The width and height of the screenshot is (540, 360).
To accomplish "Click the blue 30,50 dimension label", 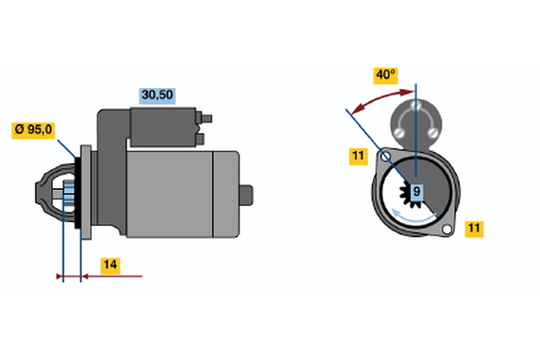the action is tap(157, 95).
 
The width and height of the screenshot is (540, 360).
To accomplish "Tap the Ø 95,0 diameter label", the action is tap(33, 130).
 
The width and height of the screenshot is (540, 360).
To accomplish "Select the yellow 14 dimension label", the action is tap(110, 265).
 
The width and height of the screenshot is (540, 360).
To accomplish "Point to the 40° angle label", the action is tap(386, 76).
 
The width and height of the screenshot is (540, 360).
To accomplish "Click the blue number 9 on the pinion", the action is tap(417, 191).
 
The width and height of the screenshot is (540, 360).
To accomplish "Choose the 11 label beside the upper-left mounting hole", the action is tap(358, 156).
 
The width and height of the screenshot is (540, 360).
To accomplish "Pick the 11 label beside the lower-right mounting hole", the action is tap(474, 229).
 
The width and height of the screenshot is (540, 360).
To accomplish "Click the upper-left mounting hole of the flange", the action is tap(386, 157).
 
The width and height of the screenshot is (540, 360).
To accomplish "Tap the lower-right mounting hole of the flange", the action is tap(446, 229).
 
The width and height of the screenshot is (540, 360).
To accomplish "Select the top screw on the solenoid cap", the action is tap(416, 104).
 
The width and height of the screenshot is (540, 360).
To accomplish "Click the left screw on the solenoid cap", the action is tap(399, 132).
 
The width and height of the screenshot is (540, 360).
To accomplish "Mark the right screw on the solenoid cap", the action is tap(433, 132).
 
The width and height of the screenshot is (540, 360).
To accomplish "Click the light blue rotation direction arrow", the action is tap(413, 216).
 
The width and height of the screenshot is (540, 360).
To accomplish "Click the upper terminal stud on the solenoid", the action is tap(206, 119).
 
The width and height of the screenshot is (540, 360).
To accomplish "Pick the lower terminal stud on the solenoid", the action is tap(200, 139).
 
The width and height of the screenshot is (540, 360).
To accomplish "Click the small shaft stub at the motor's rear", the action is tap(247, 195).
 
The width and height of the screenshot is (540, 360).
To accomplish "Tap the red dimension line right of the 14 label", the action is tap(112, 276).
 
